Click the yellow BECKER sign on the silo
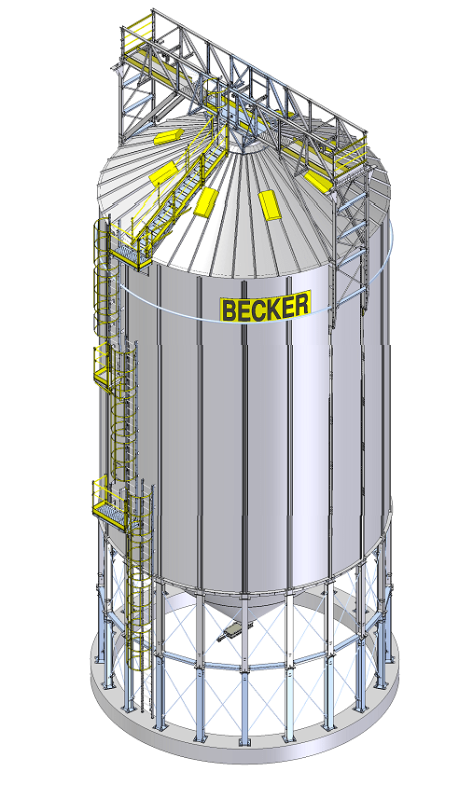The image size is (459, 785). pyautogui.click(x=266, y=306)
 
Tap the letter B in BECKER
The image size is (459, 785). pyautogui.click(x=229, y=310)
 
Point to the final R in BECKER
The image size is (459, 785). pyautogui.click(x=301, y=303)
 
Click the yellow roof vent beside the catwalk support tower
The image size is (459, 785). pyautogui.click(x=316, y=181)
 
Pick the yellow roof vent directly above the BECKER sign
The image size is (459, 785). pyautogui.click(x=271, y=204)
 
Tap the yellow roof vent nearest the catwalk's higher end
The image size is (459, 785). pyautogui.click(x=169, y=136)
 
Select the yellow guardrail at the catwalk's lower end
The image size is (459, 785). pyautogui.click(x=351, y=153)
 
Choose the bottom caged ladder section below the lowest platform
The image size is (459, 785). pyautogui.click(x=139, y=591)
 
